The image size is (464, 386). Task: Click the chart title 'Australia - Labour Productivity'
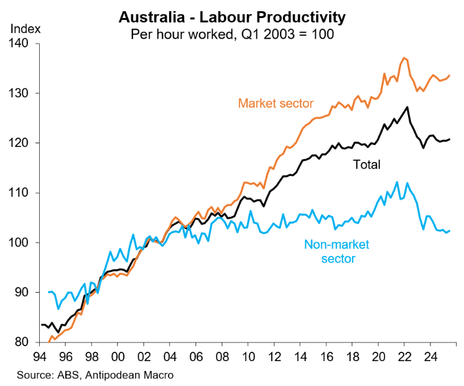232,16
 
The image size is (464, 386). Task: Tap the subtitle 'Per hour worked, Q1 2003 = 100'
232,34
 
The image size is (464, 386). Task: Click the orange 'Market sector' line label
276,103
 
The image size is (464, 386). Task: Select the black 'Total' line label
366,165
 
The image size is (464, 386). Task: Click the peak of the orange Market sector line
405,58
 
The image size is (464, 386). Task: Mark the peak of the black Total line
407,107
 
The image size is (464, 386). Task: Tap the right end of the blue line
450,230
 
